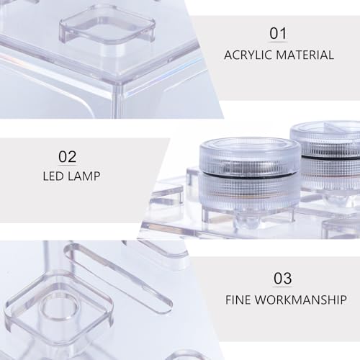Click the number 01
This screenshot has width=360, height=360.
click(x=278, y=33)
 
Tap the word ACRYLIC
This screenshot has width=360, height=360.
click(x=248, y=55)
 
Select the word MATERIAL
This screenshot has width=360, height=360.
click(x=305, y=55)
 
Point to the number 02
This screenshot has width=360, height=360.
click(x=68, y=157)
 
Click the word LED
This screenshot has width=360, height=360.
click(x=53, y=176)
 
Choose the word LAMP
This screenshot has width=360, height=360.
click(x=84, y=176)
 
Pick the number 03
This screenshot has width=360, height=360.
click(x=283, y=278)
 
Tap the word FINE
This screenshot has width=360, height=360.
click(x=238, y=300)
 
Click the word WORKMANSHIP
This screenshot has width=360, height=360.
click(x=301, y=300)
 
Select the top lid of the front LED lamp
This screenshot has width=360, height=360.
click(x=250, y=150)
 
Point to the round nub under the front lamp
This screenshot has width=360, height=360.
click(x=246, y=219)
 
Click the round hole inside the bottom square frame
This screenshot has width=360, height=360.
click(x=60, y=312)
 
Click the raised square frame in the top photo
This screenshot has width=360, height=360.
click(x=107, y=24)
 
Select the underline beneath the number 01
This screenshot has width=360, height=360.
click(x=278, y=42)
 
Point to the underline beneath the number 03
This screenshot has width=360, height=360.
click(x=283, y=287)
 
